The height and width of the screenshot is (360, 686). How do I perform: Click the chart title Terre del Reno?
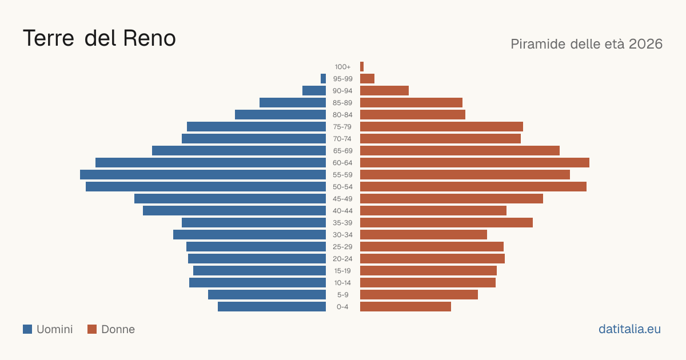point(99,38)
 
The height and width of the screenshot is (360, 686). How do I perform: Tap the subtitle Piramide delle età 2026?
point(587,44)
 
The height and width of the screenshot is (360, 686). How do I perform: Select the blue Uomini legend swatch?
point(27,329)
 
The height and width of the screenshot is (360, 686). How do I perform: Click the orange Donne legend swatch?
point(92,329)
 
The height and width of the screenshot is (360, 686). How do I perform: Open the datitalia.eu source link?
point(629,329)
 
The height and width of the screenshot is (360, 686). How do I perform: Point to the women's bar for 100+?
point(362,66)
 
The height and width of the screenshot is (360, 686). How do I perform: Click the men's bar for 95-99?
point(323,78)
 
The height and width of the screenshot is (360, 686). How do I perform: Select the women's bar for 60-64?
point(474,162)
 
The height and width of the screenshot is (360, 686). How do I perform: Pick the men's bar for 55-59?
point(203,174)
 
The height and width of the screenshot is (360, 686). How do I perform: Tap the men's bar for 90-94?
point(314,91)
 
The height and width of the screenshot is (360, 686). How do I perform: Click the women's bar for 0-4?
point(405,306)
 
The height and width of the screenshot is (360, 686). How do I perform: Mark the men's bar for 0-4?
point(272,306)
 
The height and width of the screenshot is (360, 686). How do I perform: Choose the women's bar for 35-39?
point(446,222)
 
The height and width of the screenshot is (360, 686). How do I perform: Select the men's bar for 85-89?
point(293,102)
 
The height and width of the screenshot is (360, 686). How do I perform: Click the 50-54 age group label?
point(342,187)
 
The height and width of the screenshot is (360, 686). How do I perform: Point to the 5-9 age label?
point(342,294)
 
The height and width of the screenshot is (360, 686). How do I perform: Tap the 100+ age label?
point(342,67)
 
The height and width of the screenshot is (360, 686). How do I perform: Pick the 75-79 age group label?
point(342,127)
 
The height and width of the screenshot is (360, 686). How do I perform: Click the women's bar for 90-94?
point(384,91)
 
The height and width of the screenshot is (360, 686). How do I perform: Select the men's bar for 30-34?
point(249,234)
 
